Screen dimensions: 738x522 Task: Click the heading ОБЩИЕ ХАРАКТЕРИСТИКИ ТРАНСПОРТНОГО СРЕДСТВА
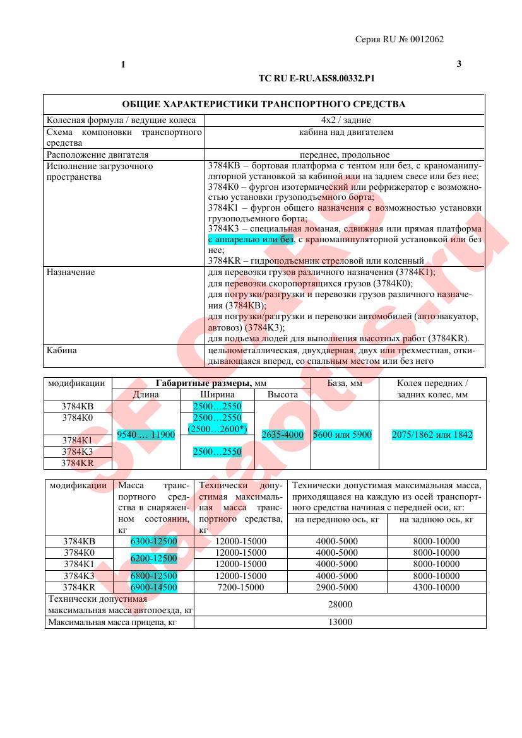264,104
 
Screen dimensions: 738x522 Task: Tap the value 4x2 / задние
345,120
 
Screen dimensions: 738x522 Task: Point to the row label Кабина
62,351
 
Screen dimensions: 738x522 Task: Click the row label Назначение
71,272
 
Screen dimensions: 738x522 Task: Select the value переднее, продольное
345,155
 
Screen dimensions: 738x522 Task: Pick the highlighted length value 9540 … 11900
146,435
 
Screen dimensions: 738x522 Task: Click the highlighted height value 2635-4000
282,435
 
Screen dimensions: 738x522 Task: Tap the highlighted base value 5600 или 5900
343,435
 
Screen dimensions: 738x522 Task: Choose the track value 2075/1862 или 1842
432,435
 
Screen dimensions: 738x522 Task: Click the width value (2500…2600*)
217,429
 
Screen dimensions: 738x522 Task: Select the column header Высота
282,394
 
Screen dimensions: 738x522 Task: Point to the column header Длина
146,394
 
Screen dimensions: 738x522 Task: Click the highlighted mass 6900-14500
153,587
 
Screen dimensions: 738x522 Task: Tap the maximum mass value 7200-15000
240,587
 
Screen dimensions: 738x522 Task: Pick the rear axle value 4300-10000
436,587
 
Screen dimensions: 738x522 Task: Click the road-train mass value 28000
340,604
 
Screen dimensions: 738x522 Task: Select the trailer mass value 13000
340,622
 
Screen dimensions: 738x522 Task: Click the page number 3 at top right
459,64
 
